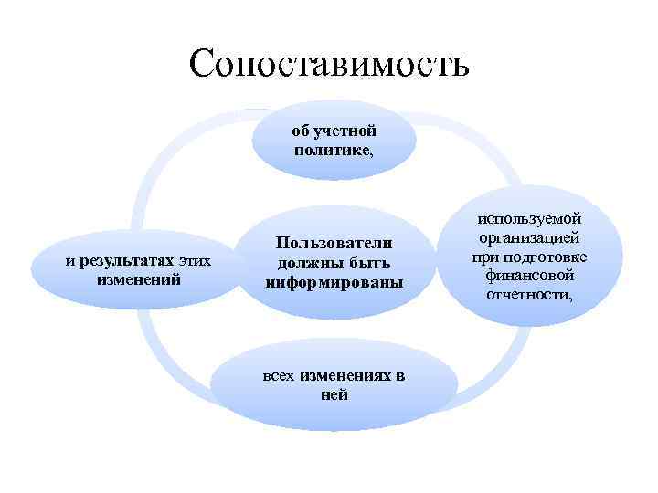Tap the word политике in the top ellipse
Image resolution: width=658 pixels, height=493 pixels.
click(332, 150)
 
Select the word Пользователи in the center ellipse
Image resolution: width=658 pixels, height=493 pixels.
click(334, 243)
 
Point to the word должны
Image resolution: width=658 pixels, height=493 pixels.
click(313, 263)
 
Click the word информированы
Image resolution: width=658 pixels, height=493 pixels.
click(334, 282)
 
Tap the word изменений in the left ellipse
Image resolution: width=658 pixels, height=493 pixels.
click(138, 278)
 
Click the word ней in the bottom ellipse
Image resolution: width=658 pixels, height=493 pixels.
click(334, 395)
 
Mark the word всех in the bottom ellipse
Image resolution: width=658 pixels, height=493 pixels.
click(279, 377)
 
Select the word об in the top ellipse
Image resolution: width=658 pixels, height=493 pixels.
click(302, 131)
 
